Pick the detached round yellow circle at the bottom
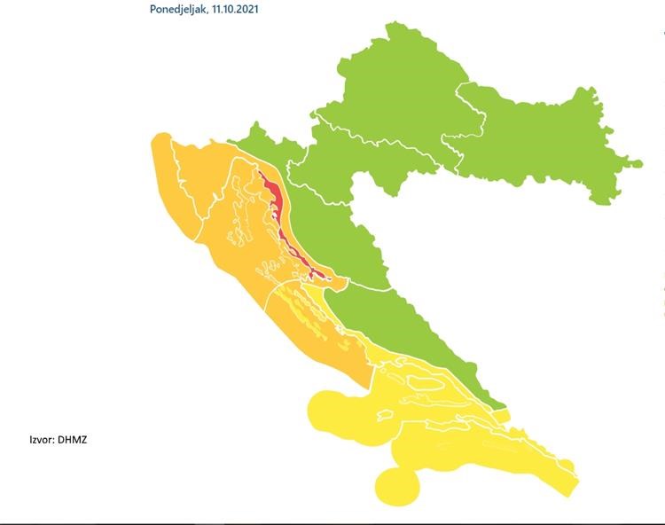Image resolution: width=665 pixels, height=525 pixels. point(396,485)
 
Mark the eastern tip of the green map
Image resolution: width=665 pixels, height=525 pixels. point(638,163)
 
